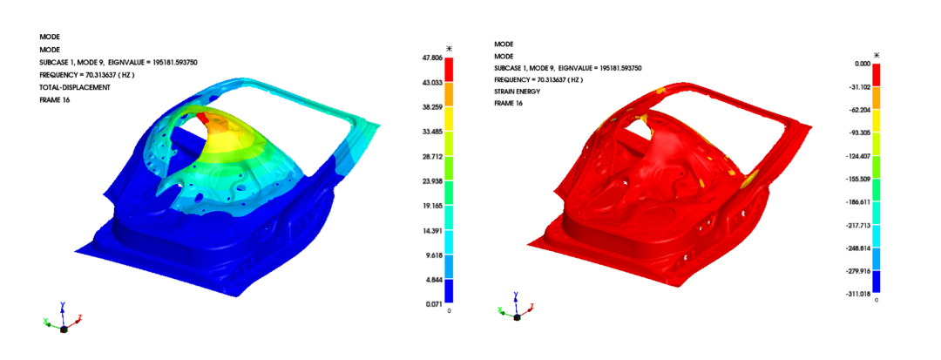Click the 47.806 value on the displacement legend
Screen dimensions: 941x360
(x=433, y=58)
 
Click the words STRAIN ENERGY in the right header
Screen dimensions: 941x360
(x=518, y=92)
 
